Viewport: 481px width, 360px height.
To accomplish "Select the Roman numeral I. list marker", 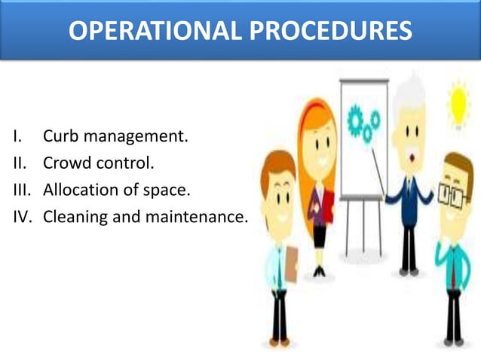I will (16, 137).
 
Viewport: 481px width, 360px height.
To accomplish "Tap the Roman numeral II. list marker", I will (18, 163).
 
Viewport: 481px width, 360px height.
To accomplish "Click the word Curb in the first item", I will (60, 137).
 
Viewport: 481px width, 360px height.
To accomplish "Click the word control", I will (122, 163).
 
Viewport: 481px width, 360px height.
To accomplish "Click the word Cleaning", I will (74, 217).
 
